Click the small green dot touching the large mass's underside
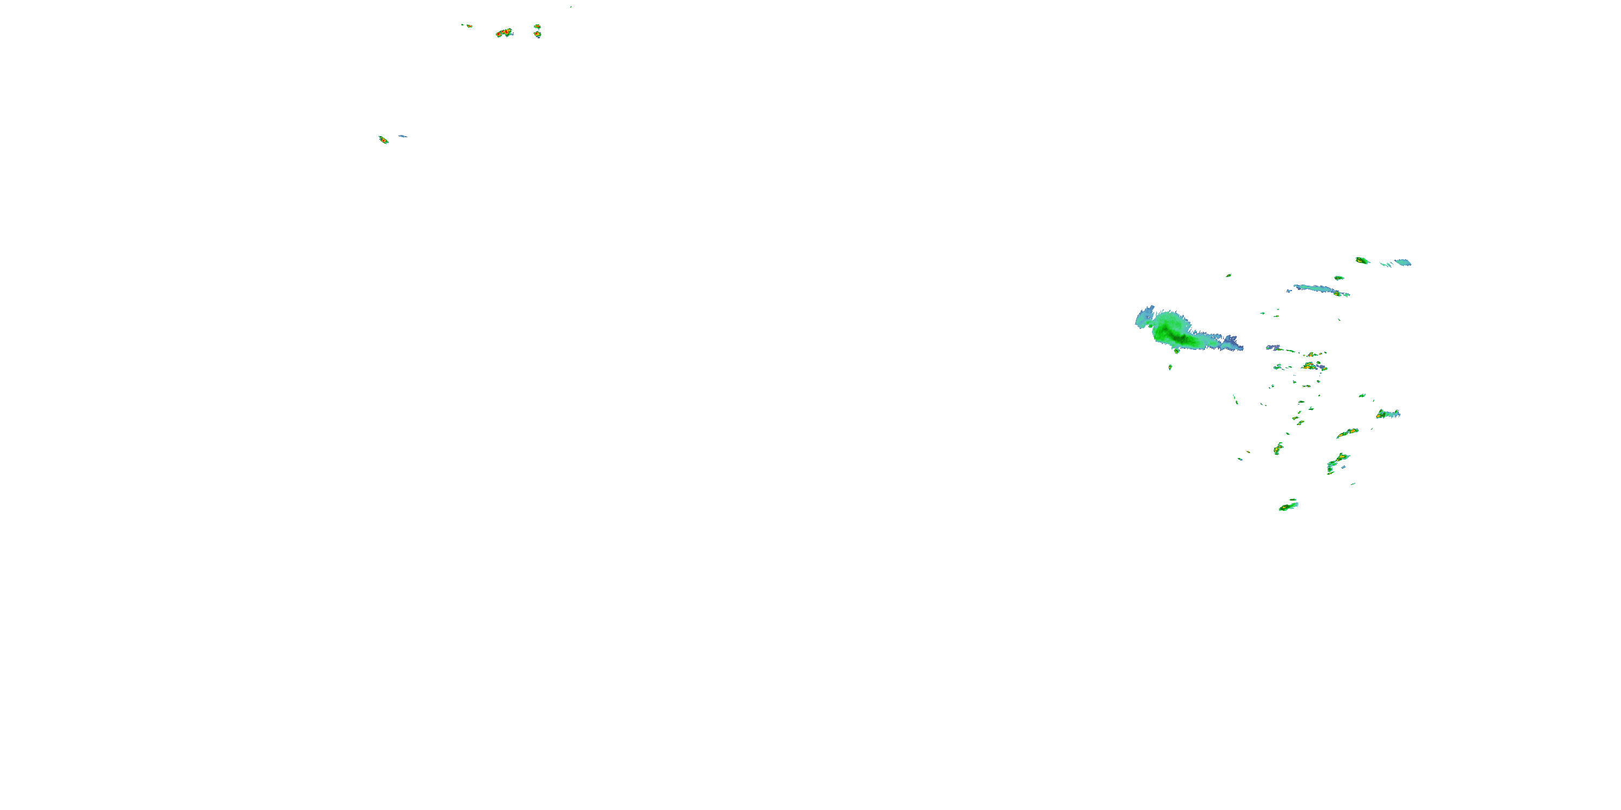point(1176,350)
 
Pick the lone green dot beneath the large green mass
point(1170,367)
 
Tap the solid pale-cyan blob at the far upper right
point(1403,262)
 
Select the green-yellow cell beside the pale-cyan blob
point(1362,260)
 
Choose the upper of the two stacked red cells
point(537,26)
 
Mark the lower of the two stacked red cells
point(538,35)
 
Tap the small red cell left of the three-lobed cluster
point(467,26)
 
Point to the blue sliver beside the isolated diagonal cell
point(402,136)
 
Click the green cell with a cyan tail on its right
point(1386,414)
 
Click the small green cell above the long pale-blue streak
point(1339,278)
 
